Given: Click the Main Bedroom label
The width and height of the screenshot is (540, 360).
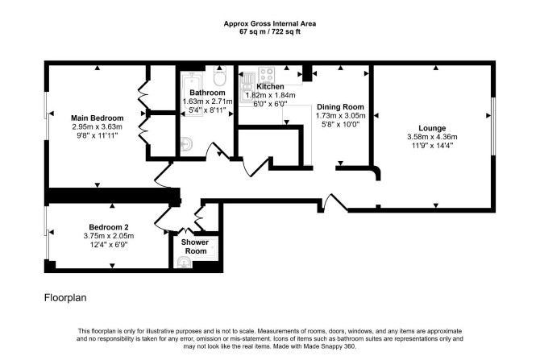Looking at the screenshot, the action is coord(97,118).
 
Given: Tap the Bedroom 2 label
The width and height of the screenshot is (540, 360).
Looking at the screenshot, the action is coord(109,227).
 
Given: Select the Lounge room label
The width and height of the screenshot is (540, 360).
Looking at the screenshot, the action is coord(432,128).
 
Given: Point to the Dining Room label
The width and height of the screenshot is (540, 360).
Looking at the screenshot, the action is coord(340,106).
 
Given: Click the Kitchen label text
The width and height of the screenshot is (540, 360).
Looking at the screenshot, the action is coord(270,86).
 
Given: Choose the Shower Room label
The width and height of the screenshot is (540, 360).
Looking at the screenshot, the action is coord(195,246).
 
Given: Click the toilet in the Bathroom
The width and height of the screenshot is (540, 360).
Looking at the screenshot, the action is coord(219,76).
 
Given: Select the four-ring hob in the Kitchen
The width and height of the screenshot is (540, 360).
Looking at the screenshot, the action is coord(267,73).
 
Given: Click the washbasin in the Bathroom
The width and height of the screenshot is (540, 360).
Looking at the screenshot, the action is coord(186,143).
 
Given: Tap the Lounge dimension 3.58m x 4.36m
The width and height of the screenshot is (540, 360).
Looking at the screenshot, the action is coord(432,137).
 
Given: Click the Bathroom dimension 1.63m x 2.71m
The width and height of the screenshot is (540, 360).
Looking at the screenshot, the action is coord(207,101).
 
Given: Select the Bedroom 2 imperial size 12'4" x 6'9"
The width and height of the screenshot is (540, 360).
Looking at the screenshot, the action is coord(109,245).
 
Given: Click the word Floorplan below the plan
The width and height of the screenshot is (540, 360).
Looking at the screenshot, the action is coord(65,298).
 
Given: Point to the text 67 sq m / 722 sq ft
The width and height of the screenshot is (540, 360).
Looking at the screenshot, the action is coord(270,31).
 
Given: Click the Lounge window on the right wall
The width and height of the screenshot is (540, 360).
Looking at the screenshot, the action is coord(492,126).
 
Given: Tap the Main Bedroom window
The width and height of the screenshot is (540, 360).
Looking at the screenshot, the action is coord(46,126).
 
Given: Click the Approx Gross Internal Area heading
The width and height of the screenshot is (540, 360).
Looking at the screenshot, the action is coord(270,23).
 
